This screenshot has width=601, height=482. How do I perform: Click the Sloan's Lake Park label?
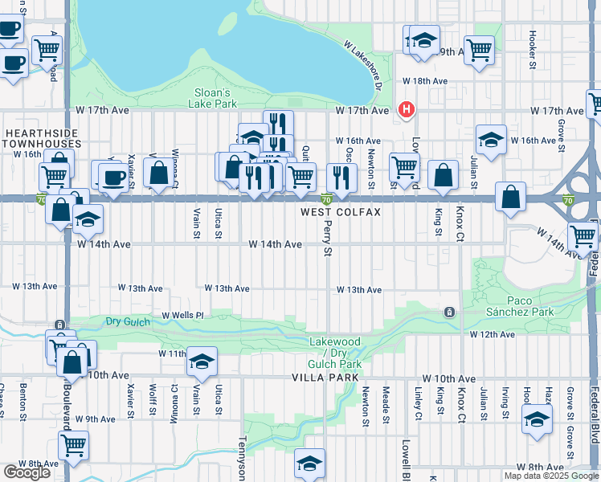click(214, 98)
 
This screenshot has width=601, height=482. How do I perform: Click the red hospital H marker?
click(407, 109)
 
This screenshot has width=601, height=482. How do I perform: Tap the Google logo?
click(27, 472)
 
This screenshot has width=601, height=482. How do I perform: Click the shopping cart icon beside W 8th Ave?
click(73, 444)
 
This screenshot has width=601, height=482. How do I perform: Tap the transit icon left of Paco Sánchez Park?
click(449, 312)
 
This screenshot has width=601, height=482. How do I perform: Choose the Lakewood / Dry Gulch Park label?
click(336, 353)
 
